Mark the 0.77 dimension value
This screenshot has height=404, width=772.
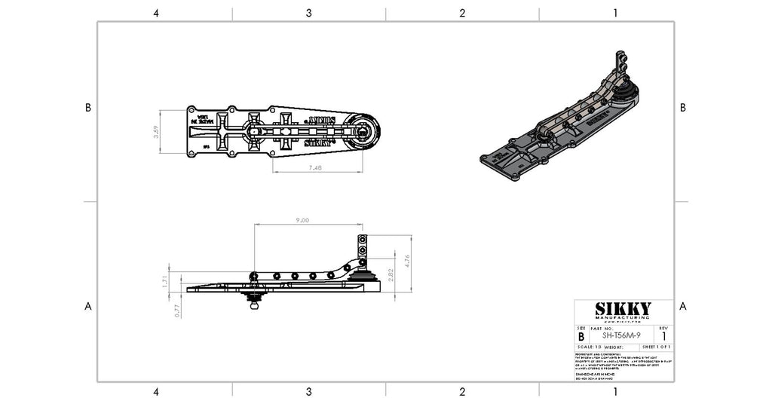(x=176, y=309)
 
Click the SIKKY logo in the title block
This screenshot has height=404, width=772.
(x=623, y=309)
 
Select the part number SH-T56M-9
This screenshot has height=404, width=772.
(x=623, y=335)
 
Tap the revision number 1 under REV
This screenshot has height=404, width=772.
(x=663, y=336)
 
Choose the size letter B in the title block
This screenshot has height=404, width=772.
(x=581, y=336)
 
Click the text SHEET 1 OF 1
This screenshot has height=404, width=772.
(x=655, y=346)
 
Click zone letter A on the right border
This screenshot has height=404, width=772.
(x=682, y=306)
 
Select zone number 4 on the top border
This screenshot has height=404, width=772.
(x=155, y=13)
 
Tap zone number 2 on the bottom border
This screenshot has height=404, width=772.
(x=462, y=391)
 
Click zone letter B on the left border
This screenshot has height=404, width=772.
(x=88, y=108)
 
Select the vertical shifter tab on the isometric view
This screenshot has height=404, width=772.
(x=620, y=64)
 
